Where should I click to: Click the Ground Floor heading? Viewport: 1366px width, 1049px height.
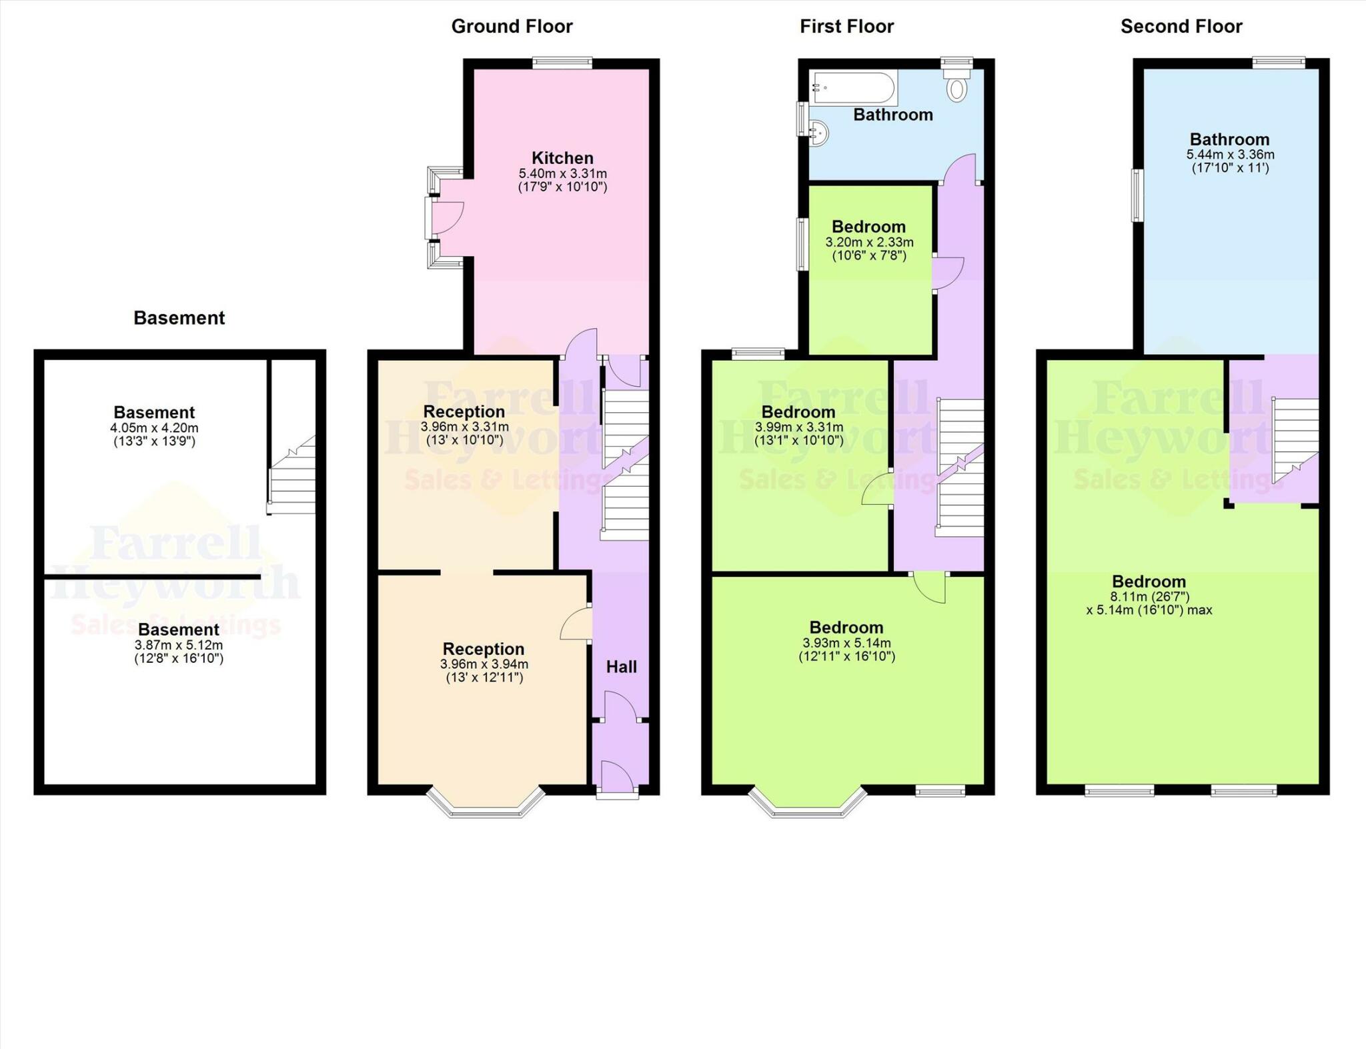[x=512, y=27]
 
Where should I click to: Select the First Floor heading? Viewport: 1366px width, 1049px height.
[x=846, y=27]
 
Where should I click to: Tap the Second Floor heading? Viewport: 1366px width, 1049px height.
[x=1181, y=27]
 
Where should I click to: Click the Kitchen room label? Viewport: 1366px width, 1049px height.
[x=562, y=158]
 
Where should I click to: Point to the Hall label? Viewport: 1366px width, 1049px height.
[x=621, y=667]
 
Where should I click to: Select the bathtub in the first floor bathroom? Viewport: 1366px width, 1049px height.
[x=853, y=88]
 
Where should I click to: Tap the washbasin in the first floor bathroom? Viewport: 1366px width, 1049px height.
[x=818, y=132]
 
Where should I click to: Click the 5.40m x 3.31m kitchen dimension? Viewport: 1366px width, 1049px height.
[x=563, y=174]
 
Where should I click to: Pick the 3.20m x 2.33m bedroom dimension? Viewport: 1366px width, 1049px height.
[x=869, y=243]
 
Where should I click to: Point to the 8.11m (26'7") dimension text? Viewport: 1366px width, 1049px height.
[x=1149, y=597]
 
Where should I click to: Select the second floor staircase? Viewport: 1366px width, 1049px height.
[x=1295, y=439]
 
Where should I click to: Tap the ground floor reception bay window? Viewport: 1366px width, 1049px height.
[x=486, y=803]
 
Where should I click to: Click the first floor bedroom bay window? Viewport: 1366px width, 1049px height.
[x=808, y=803]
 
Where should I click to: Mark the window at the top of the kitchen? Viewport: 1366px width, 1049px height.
[x=562, y=63]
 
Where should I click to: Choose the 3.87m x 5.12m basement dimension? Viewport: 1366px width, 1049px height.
[x=179, y=646]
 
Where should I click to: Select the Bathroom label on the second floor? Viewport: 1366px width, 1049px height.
[x=1229, y=139]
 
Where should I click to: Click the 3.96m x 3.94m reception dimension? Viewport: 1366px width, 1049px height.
[x=484, y=664]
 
